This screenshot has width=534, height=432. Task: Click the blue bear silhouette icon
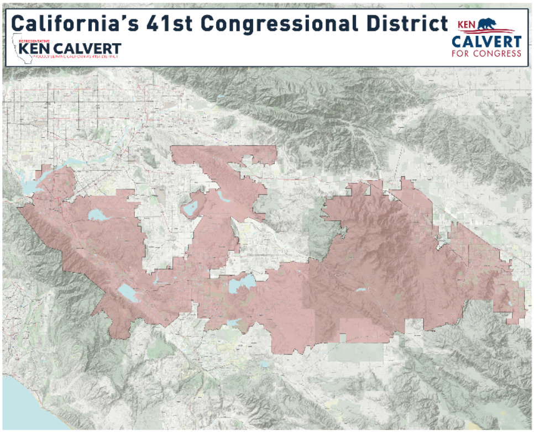pos(491,24)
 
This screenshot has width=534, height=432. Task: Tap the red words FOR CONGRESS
pos(486,54)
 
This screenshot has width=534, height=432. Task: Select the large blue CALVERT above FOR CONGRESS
pos(486,42)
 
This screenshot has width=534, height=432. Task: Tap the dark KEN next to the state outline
pos(37,49)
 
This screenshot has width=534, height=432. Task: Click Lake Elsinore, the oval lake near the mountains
pos(128,292)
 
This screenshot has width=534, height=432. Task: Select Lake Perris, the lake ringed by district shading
pos(190,209)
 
